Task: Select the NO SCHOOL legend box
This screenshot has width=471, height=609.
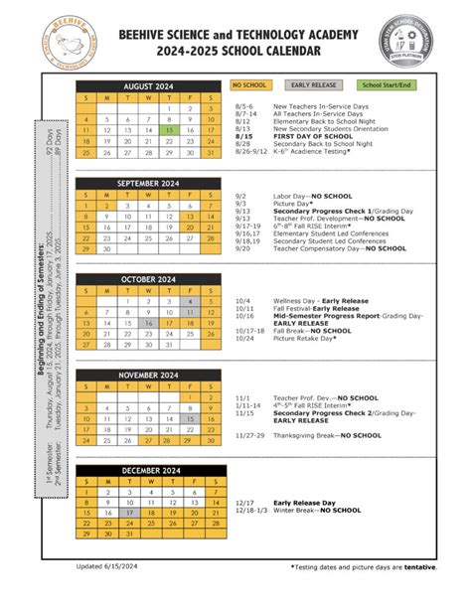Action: click(250, 85)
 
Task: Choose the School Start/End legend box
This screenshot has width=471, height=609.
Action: click(386, 85)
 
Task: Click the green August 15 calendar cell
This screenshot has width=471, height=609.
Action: click(171, 130)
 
